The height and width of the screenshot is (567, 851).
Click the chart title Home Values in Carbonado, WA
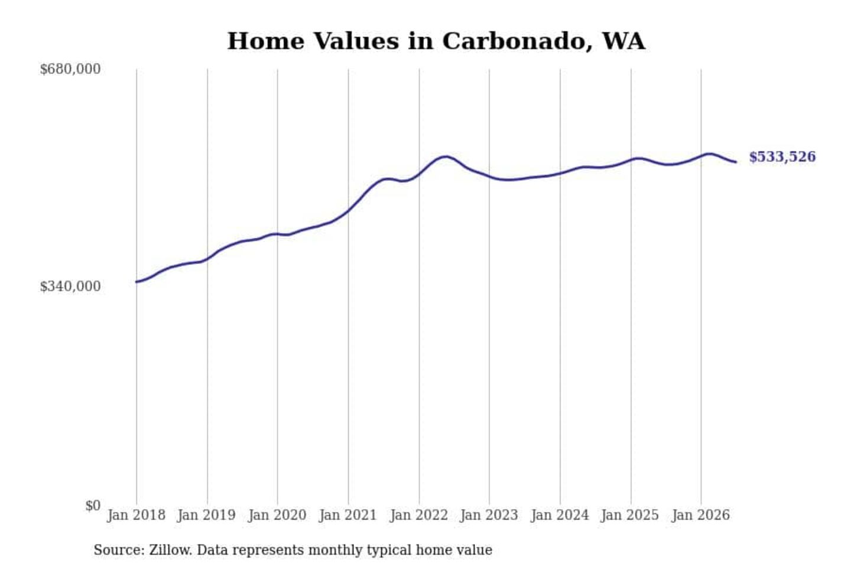tap(436, 41)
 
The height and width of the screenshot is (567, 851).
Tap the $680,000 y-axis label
tap(70, 69)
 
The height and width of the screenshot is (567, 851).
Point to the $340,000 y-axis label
tap(70, 286)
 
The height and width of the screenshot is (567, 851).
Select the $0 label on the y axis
tap(93, 506)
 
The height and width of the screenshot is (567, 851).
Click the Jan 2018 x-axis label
tap(137, 516)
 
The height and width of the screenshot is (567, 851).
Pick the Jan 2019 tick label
tap(207, 516)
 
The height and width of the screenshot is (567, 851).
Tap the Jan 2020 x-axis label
tap(277, 516)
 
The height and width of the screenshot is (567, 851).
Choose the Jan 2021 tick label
tap(348, 516)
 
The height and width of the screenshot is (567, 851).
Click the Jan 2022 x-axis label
tap(419, 516)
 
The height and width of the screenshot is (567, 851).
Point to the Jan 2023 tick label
tap(489, 516)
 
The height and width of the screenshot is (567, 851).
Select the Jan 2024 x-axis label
tap(560, 516)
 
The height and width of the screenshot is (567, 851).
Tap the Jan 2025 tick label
tap(630, 516)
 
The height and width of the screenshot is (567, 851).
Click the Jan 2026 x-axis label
tap(701, 516)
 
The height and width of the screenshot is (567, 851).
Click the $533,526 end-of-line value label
tap(782, 157)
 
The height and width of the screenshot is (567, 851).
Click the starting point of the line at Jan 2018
tap(137, 282)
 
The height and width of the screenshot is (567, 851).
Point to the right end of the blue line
tap(736, 162)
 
